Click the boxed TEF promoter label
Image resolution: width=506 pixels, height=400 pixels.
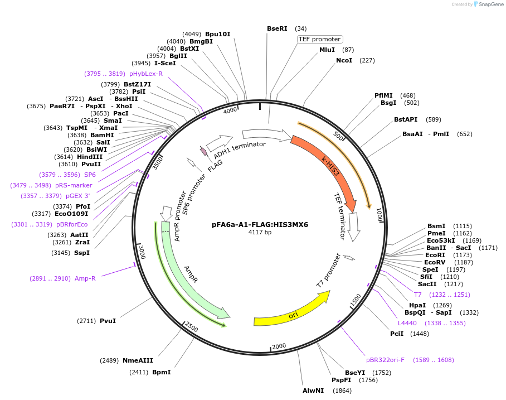[x=319, y=39]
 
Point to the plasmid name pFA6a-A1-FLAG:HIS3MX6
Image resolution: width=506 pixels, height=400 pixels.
[x=260, y=225]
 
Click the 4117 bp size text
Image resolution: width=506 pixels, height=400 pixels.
[x=260, y=233]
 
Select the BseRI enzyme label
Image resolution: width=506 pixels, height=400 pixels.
[x=277, y=28]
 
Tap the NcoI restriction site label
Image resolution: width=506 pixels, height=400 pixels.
[x=344, y=60]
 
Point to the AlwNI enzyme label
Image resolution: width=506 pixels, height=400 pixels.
[x=313, y=391]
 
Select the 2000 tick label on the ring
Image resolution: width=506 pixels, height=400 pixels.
[x=279, y=346]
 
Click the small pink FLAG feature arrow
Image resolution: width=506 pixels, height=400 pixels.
[x=204, y=151]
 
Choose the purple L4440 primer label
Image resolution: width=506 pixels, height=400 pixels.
[x=407, y=323]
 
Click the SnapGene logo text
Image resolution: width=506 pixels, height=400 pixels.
[x=489, y=4]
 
